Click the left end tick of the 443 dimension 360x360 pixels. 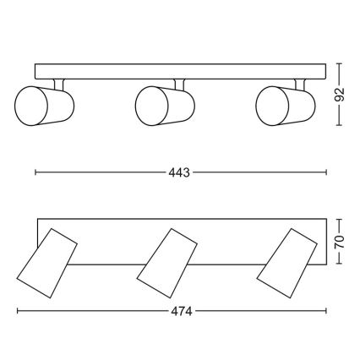point(35,172)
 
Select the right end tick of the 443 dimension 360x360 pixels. point(326,172)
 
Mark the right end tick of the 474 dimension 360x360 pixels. point(326,310)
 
